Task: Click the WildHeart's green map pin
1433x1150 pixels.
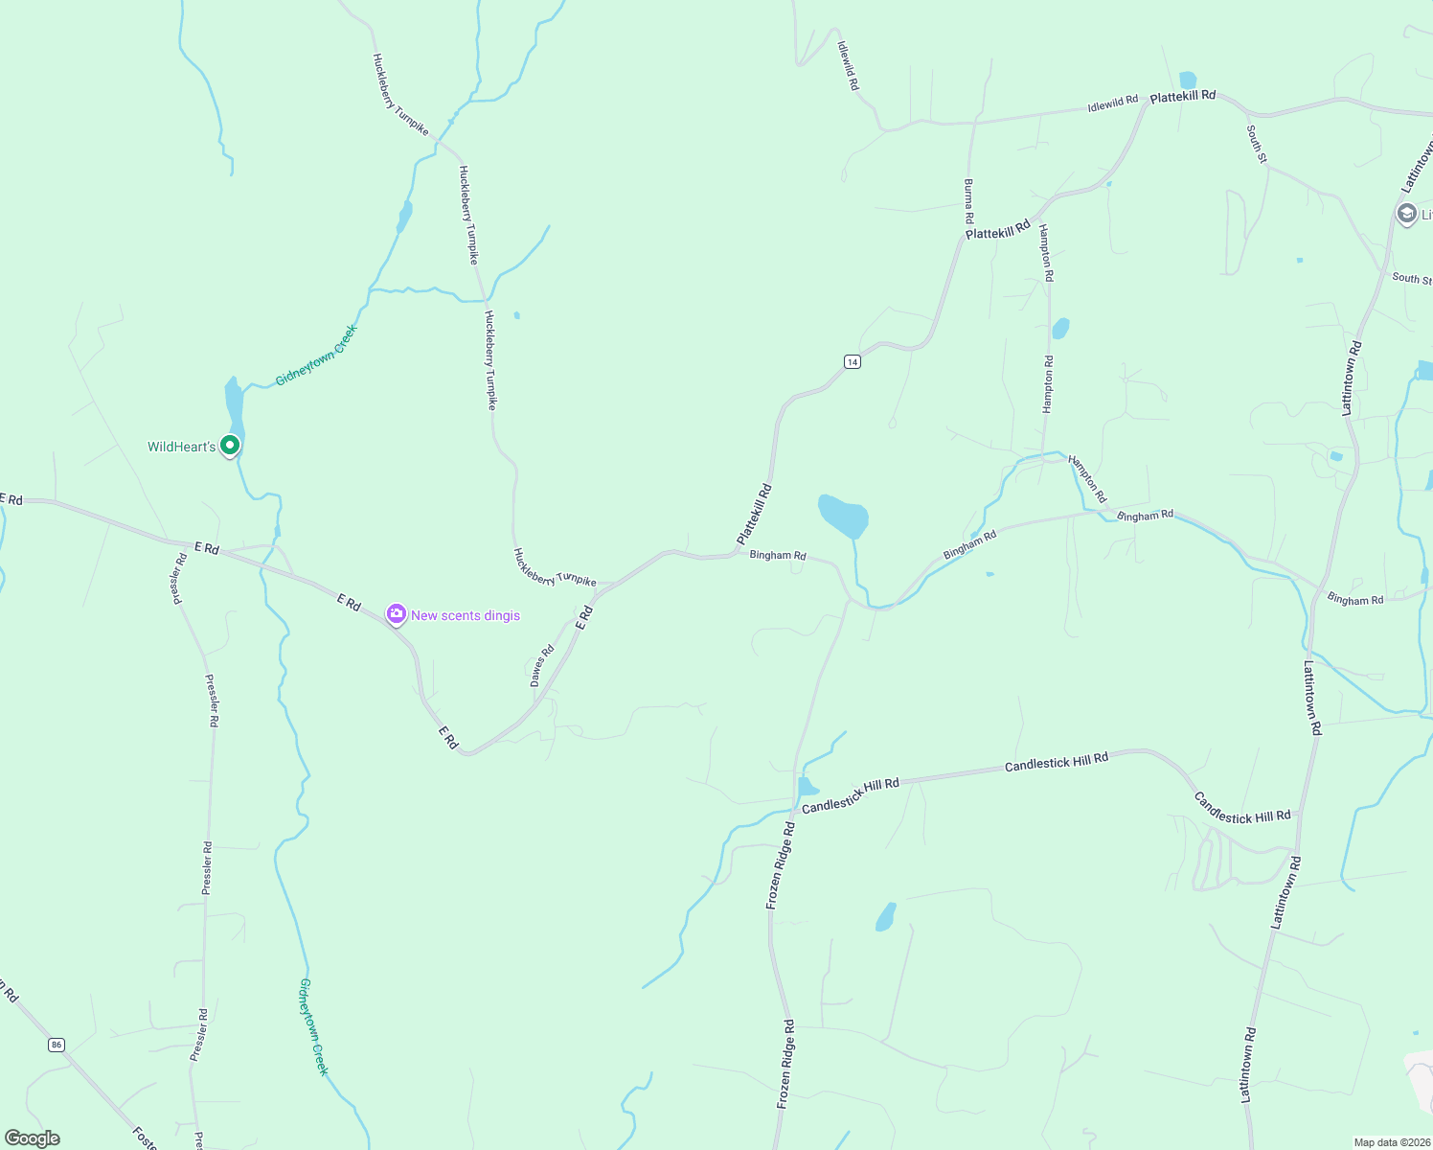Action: point(230,446)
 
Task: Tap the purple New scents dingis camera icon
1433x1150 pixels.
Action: point(397,614)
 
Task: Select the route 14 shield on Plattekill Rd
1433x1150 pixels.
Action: point(853,361)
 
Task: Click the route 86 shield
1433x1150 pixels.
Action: point(57,1045)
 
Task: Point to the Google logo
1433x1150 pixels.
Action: point(33,1138)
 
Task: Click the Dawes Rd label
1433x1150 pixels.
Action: point(542,666)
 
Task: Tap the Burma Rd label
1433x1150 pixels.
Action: point(969,201)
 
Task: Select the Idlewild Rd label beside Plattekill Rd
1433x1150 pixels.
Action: point(1112,103)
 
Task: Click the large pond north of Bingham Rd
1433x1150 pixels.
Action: point(843,516)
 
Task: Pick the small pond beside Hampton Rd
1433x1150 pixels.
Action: point(1060,329)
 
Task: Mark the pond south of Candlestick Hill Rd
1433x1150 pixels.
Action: point(885,917)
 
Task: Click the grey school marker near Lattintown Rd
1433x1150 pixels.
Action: point(1407,214)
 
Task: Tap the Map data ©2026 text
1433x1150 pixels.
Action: point(1391,1142)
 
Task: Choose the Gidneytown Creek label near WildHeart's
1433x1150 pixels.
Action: point(316,356)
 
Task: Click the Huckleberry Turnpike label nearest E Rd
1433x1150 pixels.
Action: point(555,568)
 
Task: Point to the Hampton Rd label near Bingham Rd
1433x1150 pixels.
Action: point(1088,479)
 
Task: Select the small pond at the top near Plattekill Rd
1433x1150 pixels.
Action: point(1188,80)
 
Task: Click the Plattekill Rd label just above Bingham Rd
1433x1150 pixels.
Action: point(755,515)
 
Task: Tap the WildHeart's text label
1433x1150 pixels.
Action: point(181,447)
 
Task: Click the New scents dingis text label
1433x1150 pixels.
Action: point(466,615)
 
